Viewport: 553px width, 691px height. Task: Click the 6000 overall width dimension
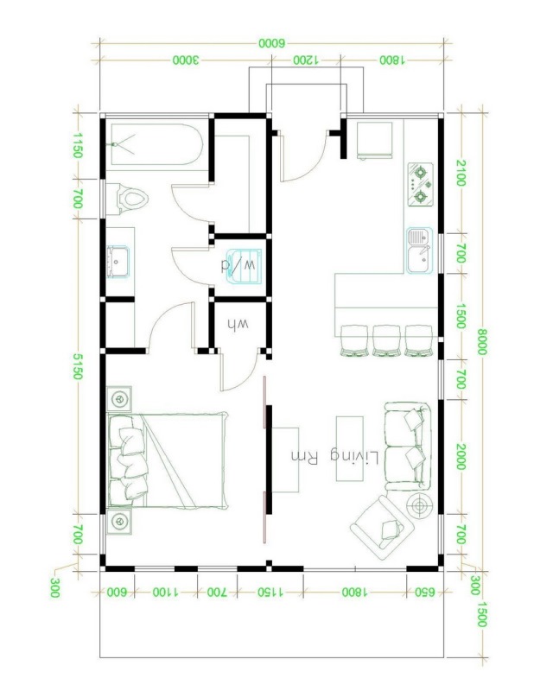272,43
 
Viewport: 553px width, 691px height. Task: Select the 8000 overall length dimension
481,341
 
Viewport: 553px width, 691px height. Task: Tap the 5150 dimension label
77,366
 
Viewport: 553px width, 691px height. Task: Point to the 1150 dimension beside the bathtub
77,145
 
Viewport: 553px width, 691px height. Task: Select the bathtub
156,144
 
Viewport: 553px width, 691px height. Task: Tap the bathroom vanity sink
118,262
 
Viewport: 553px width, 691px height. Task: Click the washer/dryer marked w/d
244,266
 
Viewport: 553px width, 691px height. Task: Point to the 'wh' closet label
238,325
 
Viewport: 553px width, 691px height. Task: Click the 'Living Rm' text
334,458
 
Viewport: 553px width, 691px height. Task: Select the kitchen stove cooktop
420,185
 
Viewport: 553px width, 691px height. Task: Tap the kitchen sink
419,250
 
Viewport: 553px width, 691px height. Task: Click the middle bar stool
386,340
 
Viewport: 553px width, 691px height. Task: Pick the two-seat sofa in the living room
408,447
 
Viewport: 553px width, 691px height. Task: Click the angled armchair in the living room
382,528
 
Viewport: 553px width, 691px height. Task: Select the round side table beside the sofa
419,506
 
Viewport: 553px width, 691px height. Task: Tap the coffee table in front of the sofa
350,448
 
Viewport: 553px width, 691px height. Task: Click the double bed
168,460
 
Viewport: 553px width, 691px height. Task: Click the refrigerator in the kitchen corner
374,140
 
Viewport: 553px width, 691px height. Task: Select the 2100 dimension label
461,174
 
